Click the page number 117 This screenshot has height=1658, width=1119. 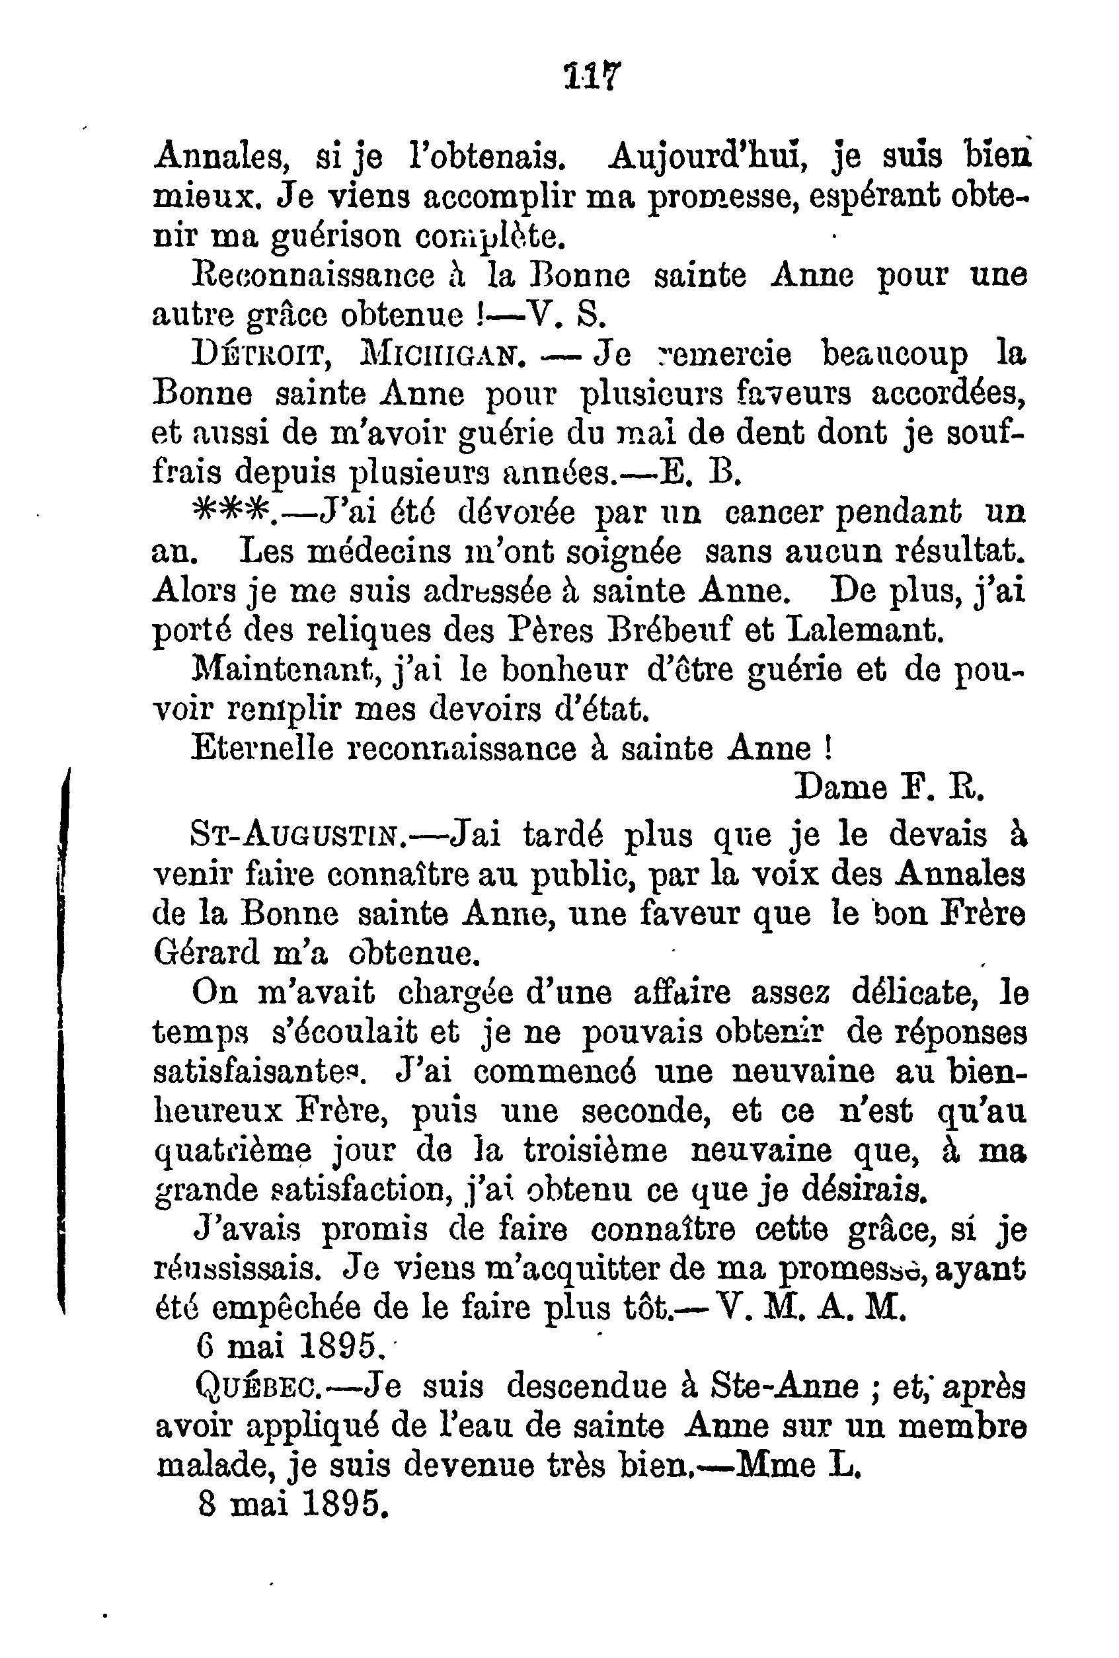593,75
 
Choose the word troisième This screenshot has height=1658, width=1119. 595,1152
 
